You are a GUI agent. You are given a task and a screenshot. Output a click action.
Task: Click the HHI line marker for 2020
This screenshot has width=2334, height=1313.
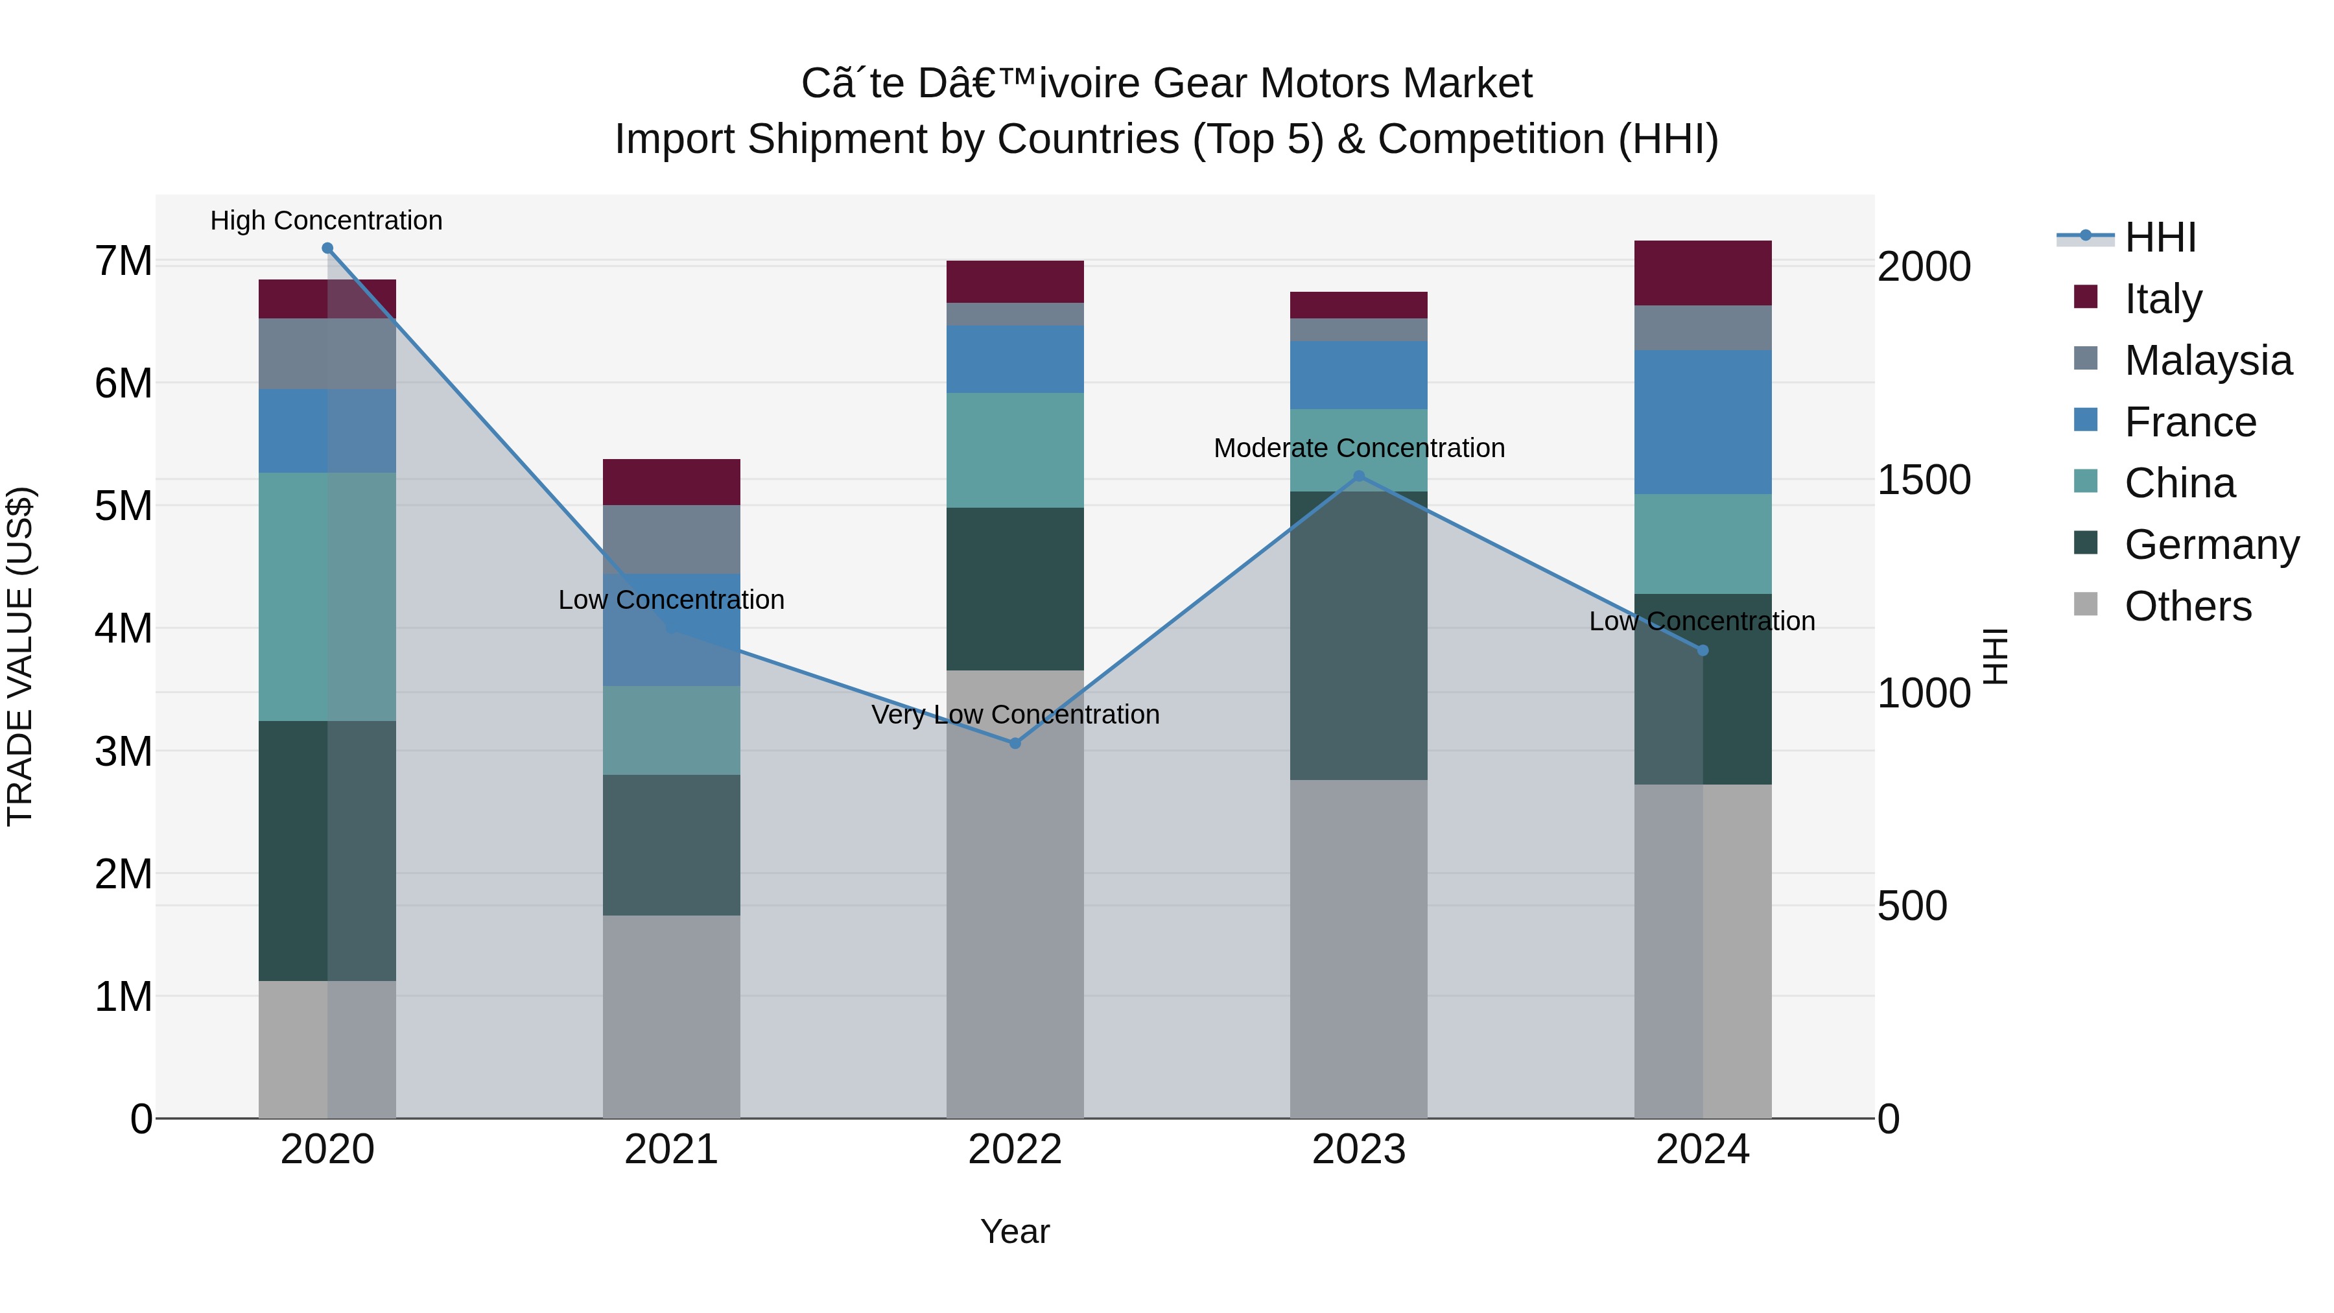point(327,248)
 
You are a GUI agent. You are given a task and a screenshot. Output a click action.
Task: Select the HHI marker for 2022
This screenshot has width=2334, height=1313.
point(1015,743)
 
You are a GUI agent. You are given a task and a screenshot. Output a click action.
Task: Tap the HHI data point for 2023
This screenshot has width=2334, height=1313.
point(1358,476)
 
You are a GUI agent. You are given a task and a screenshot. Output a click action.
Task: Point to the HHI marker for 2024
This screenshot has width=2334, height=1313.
point(1703,650)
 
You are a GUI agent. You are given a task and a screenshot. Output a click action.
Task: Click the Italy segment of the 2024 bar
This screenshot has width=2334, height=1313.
point(1703,273)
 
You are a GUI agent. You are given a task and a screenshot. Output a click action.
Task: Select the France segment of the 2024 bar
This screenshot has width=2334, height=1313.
point(1703,422)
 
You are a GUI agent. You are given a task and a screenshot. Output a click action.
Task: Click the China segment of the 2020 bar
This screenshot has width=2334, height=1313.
point(327,597)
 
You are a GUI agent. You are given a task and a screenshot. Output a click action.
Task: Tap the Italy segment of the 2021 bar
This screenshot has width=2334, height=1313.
point(672,482)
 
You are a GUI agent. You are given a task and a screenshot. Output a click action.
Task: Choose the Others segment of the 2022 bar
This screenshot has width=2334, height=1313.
point(1015,893)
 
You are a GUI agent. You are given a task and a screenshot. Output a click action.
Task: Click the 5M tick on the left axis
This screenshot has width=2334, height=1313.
point(123,506)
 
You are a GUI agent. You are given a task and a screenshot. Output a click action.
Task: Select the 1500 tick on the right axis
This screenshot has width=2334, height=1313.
point(1923,480)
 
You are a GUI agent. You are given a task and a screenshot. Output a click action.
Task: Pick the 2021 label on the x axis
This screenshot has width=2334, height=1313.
point(672,1149)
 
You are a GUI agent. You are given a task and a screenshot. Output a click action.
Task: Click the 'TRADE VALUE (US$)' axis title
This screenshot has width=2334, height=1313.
point(20,656)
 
